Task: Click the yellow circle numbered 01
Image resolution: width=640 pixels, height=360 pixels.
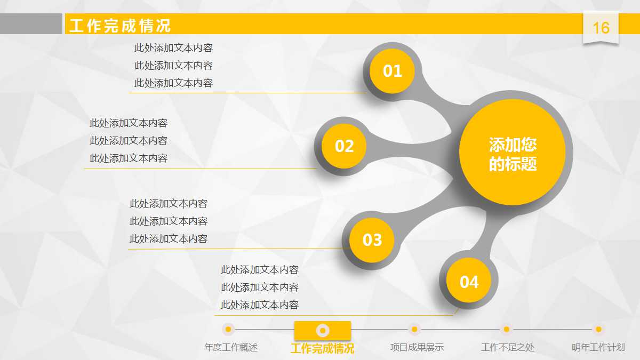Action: [392, 71]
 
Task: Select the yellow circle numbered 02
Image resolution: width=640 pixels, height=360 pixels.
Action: [344, 146]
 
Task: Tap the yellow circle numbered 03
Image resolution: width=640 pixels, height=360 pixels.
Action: [372, 240]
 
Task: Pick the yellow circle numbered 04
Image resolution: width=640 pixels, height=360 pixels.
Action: [469, 282]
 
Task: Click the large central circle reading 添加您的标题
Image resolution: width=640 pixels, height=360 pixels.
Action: [512, 153]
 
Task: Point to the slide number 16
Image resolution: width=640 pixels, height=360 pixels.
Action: [601, 28]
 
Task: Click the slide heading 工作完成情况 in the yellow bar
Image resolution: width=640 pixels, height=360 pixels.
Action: [120, 26]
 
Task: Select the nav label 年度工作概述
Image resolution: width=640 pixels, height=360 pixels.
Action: [231, 348]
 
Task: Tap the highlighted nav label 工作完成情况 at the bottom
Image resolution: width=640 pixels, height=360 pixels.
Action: [322, 349]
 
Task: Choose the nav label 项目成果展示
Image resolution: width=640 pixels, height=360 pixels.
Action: [417, 348]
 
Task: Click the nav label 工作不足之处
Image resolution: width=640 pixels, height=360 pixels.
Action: [507, 348]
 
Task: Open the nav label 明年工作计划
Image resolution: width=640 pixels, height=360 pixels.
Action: [598, 348]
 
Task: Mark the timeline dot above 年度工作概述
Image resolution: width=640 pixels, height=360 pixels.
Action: [228, 329]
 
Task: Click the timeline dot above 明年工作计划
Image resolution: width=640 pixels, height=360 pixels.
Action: [598, 329]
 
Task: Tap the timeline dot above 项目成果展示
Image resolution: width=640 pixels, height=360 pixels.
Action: [413, 329]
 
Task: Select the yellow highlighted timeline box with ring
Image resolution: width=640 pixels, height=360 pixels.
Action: [322, 330]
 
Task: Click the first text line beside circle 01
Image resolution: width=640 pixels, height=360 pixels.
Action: [173, 48]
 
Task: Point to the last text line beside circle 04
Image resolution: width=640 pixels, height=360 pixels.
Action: [260, 305]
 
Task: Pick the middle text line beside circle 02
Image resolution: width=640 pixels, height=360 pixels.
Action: [129, 141]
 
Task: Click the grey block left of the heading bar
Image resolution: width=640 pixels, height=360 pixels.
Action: [31, 24]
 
